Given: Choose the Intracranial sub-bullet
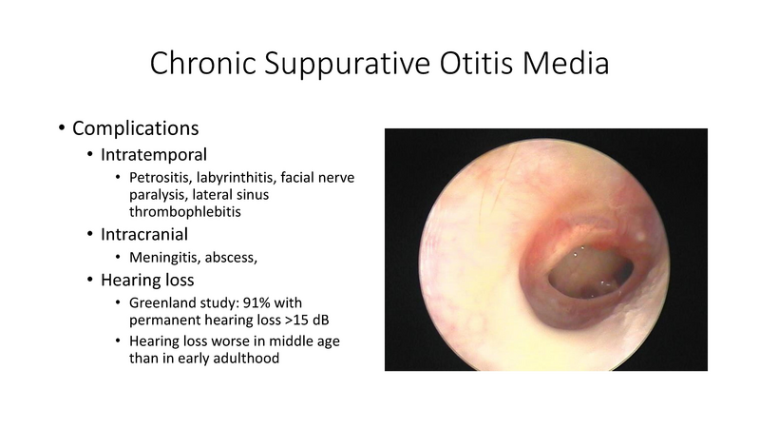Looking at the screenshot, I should click(x=152, y=233).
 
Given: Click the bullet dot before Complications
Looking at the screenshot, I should click(x=62, y=128).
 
